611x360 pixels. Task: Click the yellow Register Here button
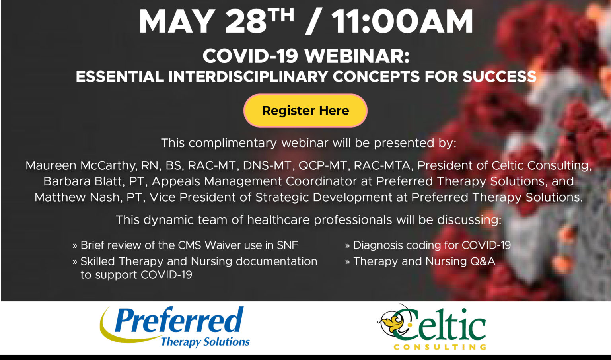tap(305, 111)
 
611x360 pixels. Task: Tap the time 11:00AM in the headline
tap(402, 21)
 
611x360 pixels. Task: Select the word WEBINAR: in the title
tap(357, 56)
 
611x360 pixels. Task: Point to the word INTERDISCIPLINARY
tap(248, 76)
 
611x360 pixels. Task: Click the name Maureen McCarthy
tap(81, 165)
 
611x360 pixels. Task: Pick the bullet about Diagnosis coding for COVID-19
tap(428, 245)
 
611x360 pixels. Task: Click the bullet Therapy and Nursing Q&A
tap(420, 261)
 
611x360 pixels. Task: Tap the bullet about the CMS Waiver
tap(185, 245)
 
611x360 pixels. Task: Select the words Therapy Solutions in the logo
tap(205, 342)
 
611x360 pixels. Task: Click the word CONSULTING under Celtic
tap(440, 347)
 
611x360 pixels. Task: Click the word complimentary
tap(233, 143)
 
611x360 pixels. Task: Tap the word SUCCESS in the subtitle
tap(500, 76)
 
